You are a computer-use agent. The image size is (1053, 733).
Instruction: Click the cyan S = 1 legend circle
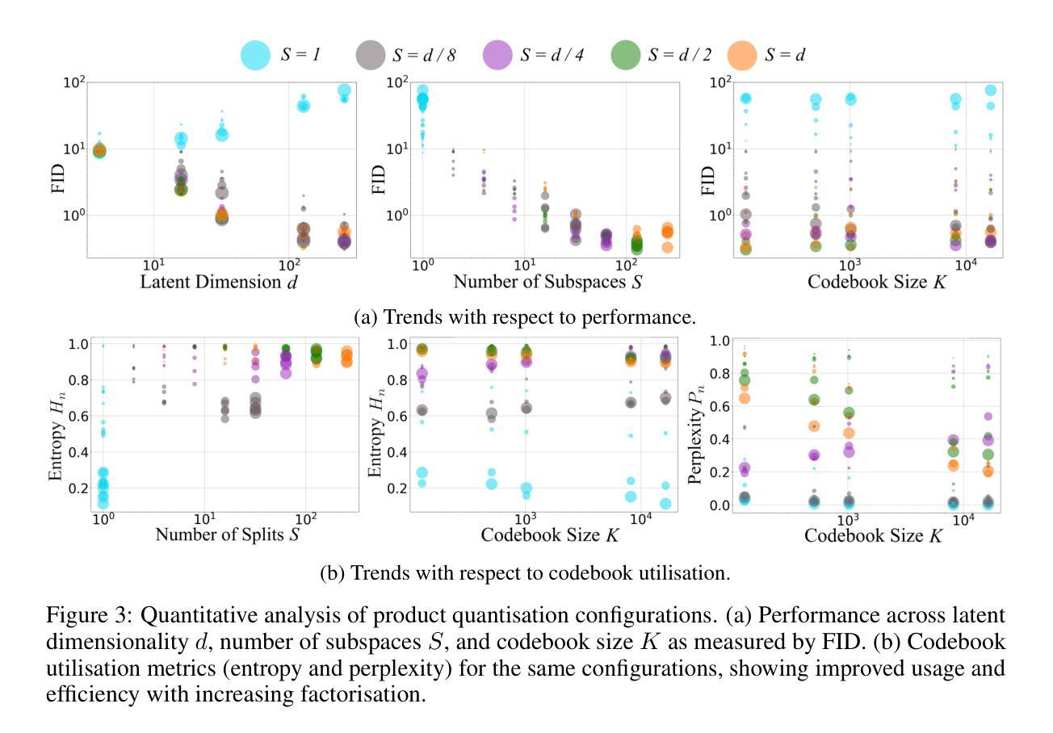(x=255, y=55)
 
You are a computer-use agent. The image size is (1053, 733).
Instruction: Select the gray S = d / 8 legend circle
(x=371, y=55)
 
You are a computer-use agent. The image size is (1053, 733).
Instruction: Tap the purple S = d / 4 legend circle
(x=498, y=55)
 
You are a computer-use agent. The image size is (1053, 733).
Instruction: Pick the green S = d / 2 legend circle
(x=625, y=55)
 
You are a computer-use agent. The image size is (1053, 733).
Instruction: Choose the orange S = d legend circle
(x=743, y=55)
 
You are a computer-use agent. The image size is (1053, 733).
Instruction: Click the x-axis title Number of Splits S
(x=223, y=534)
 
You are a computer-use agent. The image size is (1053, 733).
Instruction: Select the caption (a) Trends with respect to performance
(x=525, y=317)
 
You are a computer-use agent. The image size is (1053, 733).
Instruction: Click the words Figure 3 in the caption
(x=89, y=615)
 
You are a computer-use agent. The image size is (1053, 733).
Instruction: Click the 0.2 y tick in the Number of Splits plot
(x=78, y=488)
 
